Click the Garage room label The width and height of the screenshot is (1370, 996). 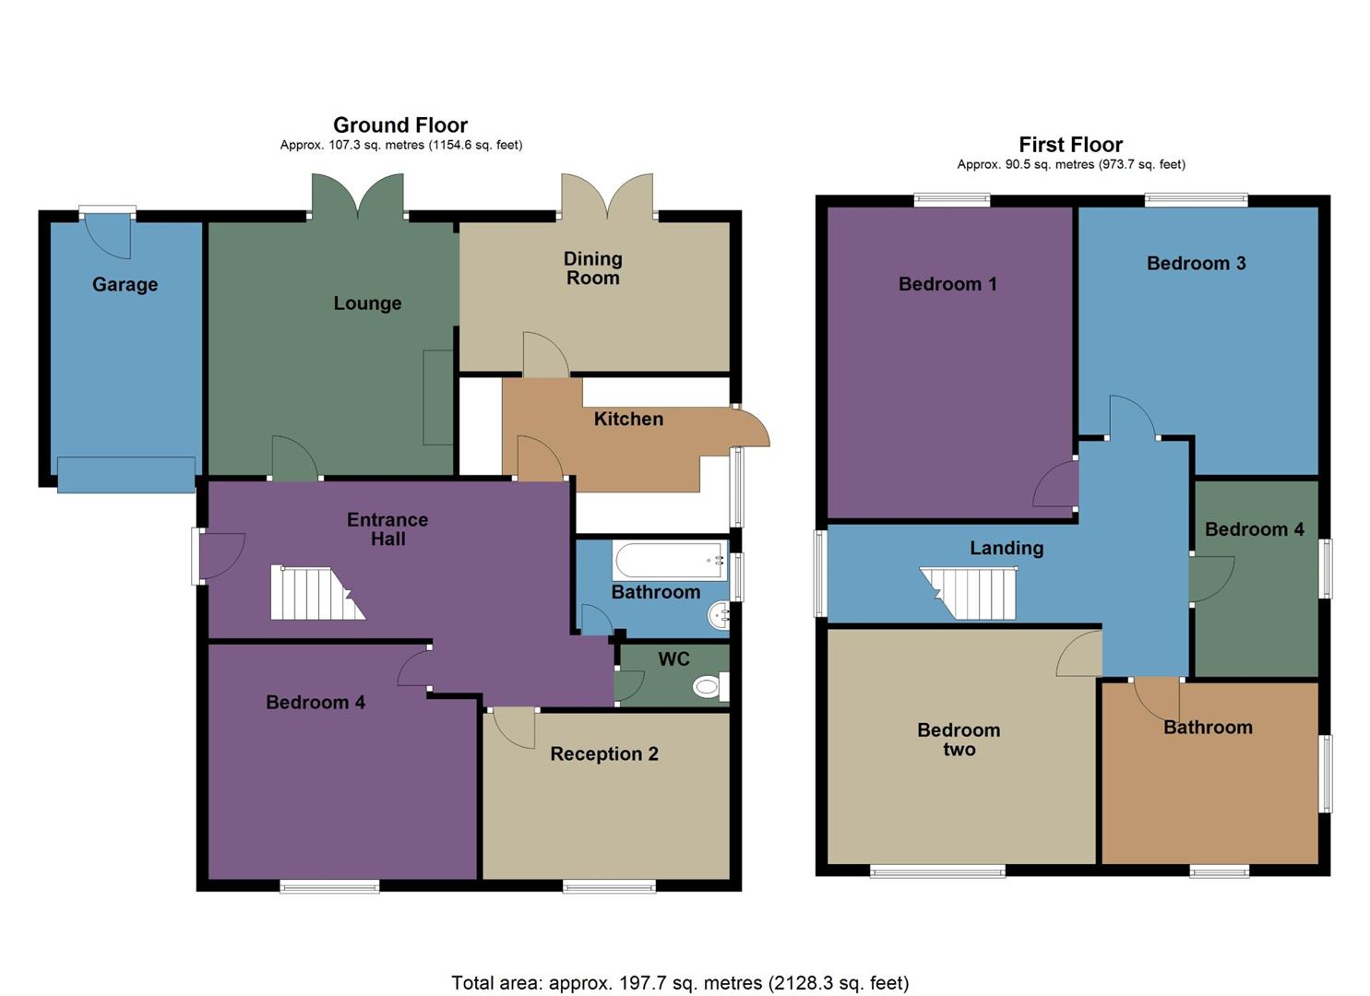coord(125,284)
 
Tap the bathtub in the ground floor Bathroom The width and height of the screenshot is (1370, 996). coord(670,560)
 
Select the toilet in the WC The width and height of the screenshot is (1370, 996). coord(708,686)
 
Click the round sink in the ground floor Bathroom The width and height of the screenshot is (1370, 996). coord(719,615)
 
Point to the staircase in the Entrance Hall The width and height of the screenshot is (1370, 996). coord(314,593)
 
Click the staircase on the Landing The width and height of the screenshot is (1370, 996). coord(971,593)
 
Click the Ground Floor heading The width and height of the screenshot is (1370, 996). coord(400,125)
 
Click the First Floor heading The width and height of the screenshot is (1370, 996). coord(1070,145)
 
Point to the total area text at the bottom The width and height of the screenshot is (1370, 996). coord(680,982)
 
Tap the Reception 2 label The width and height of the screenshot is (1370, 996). coord(604,753)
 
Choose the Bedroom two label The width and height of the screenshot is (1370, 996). coord(959,739)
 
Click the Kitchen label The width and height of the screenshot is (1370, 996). coord(628,419)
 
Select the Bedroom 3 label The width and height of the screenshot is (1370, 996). coord(1196,263)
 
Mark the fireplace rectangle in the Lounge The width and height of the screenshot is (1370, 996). coord(438,397)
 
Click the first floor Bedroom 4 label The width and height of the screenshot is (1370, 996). coord(1254,528)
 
